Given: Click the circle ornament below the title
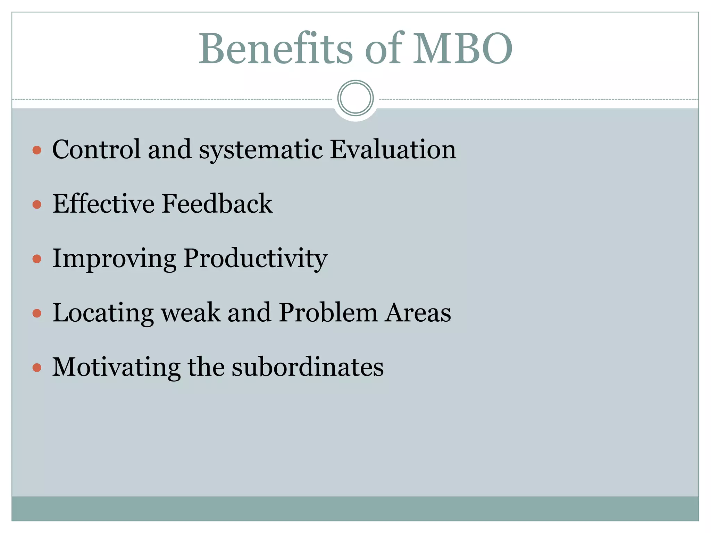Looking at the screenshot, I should click(355, 98).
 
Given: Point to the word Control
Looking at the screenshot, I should click(97, 149).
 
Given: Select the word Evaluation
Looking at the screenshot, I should click(393, 149).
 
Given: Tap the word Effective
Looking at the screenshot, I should click(103, 204).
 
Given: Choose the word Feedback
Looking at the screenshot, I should click(217, 204).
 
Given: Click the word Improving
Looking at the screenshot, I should click(114, 259).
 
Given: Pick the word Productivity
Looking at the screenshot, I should click(255, 259).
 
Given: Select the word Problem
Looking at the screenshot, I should click(328, 313).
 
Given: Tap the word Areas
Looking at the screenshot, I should click(418, 313).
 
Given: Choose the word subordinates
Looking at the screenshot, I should click(308, 367).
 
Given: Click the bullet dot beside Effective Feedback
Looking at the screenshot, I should click(37, 204).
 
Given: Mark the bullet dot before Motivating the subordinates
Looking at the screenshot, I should click(37, 367).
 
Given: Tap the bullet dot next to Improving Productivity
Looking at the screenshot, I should click(37, 259).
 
